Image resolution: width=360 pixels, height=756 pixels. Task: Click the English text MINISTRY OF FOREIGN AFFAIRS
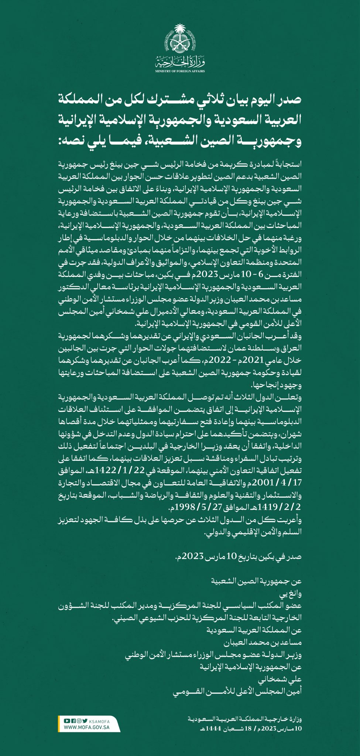(x=180, y=71)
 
